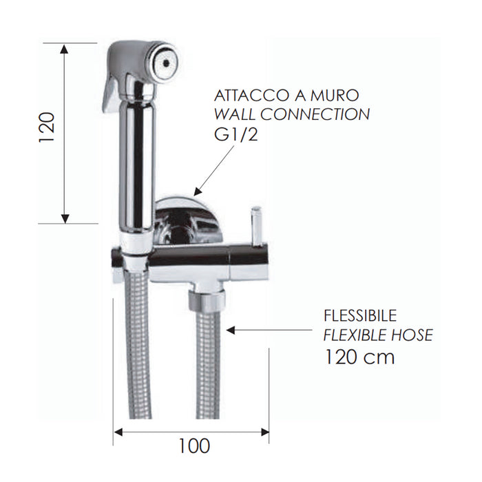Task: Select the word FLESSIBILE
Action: [x=360, y=316]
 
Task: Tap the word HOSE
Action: [x=410, y=335]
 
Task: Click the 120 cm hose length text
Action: [x=359, y=357]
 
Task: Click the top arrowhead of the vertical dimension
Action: [x=65, y=48]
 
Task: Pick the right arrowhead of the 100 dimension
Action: [x=264, y=432]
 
